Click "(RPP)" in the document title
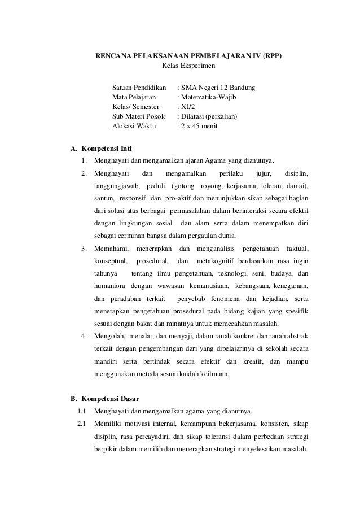(x=268, y=57)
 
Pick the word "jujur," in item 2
(x=264, y=173)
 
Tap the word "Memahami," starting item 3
(x=112, y=249)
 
